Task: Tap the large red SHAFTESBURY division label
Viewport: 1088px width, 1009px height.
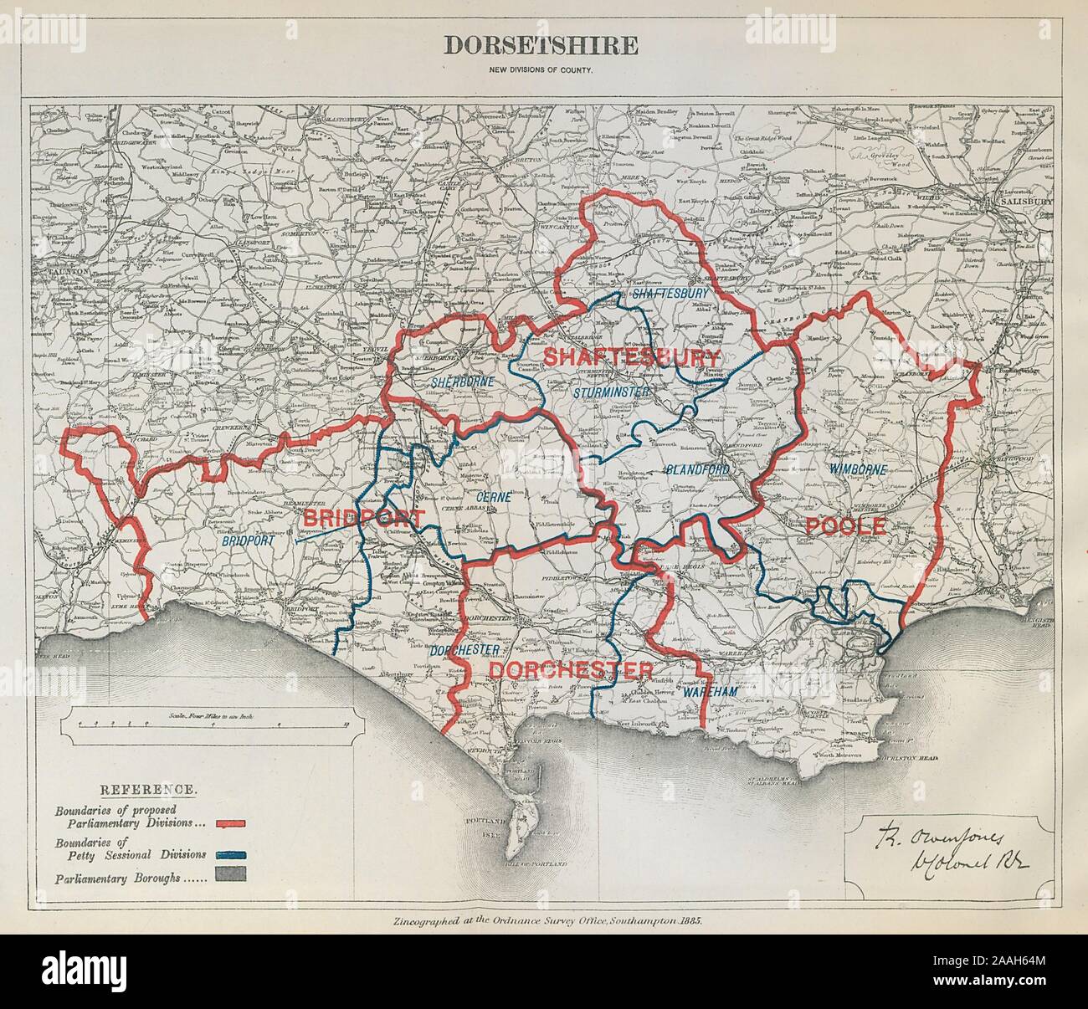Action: [x=632, y=356]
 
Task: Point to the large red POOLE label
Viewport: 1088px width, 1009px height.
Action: [x=845, y=526]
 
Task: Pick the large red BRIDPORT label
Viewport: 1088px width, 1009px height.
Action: [x=363, y=517]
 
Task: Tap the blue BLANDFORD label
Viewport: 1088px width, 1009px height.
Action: [x=697, y=471]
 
